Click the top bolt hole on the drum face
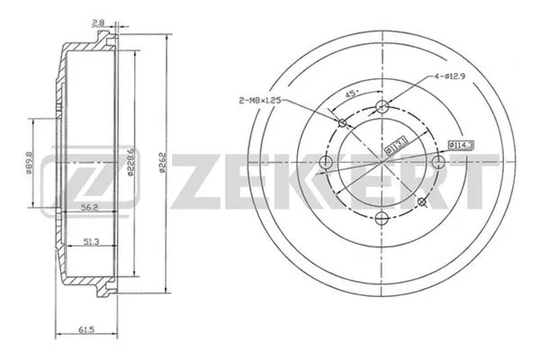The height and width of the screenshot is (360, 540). coord(382,107)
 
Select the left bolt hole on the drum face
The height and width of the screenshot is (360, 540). coord(327,163)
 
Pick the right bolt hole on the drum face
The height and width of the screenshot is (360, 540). coord(438,162)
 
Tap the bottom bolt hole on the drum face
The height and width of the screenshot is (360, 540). coord(382,218)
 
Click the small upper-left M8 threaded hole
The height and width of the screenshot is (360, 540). coord(343,122)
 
